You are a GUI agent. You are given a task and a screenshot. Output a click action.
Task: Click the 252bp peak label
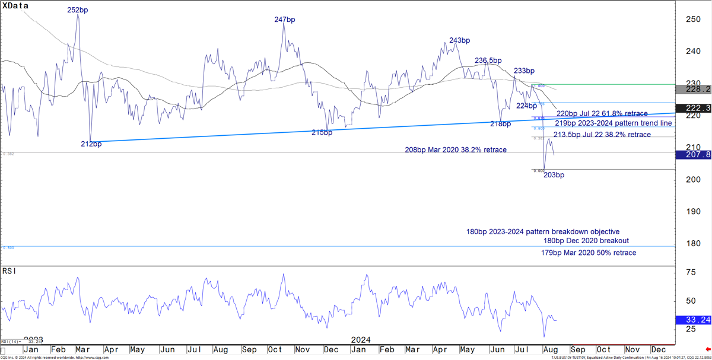[x=78, y=10]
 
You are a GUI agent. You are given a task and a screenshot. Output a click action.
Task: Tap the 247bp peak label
[x=285, y=20]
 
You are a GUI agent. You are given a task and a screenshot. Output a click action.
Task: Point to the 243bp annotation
[x=460, y=40]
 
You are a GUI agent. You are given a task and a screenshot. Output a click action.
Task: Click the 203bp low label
[x=554, y=175]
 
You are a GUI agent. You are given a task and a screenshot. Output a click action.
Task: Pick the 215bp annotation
[x=322, y=133]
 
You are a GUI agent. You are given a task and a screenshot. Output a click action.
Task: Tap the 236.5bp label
[x=488, y=60]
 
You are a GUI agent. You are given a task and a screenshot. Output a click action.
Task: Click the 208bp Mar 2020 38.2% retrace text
[x=456, y=150]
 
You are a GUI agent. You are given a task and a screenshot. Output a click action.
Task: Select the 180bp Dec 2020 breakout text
[x=586, y=241]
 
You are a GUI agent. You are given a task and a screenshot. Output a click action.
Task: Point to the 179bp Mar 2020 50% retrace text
[x=589, y=253]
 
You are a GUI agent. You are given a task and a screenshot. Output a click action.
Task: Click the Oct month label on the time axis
[x=604, y=351]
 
